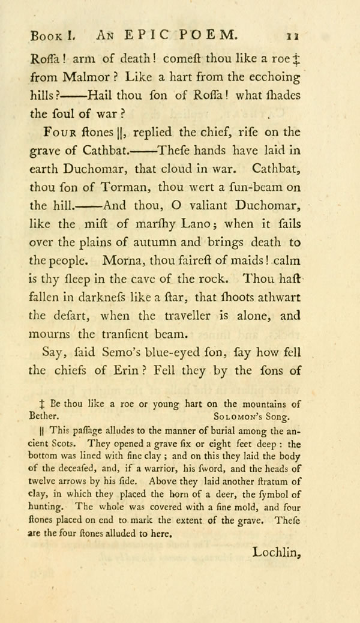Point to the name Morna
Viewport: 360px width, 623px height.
coord(125,261)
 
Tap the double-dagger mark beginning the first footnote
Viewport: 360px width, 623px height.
coord(39,403)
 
